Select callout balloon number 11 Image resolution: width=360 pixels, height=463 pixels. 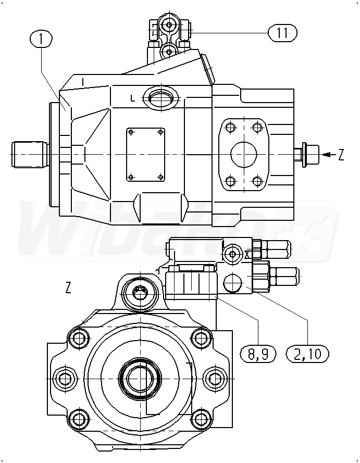click(x=282, y=32)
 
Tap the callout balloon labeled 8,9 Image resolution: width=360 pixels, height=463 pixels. click(x=258, y=354)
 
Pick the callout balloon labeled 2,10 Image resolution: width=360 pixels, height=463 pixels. click(x=308, y=354)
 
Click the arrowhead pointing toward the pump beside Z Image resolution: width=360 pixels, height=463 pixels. click(x=326, y=155)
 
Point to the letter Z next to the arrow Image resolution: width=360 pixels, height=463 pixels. click(x=341, y=155)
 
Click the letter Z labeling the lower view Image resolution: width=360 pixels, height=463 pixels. click(x=68, y=287)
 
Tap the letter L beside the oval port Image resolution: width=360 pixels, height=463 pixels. click(x=133, y=99)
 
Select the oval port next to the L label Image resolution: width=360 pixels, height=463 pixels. click(x=161, y=98)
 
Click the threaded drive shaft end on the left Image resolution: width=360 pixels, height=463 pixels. click(x=30, y=155)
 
